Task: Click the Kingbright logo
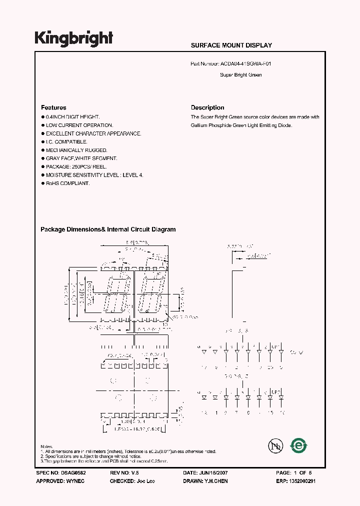point(73,38)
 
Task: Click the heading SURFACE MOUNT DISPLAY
point(231,45)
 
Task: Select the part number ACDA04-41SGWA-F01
point(246,64)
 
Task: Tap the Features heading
point(53,107)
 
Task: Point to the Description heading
point(207,107)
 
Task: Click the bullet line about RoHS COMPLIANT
point(67,183)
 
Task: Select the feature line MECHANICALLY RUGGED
point(76,150)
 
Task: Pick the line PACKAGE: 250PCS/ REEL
point(76,166)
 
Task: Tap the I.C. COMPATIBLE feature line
point(66,142)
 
